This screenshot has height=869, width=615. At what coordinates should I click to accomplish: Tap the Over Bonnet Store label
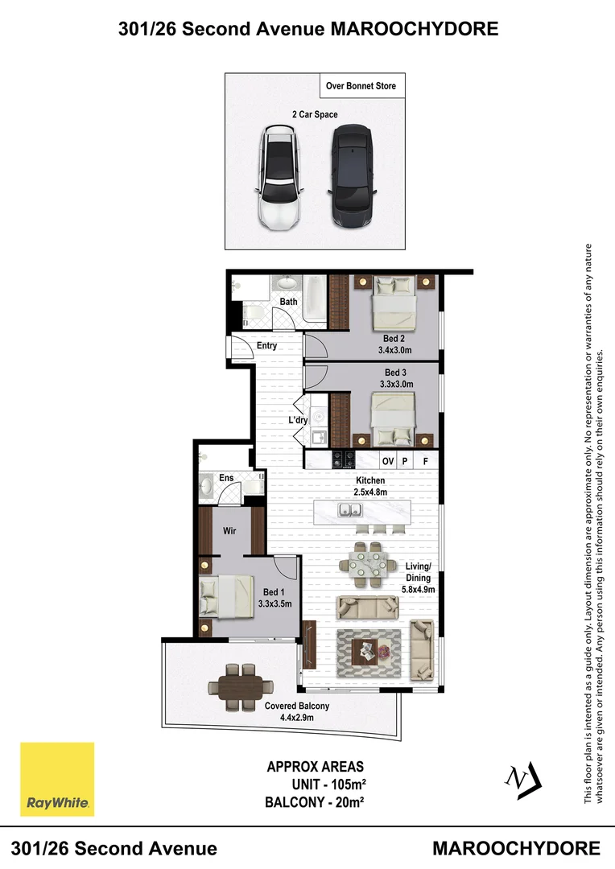click(x=361, y=86)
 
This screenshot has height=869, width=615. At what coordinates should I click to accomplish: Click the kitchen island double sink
click(x=349, y=509)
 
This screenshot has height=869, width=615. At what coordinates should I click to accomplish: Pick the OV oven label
click(x=387, y=461)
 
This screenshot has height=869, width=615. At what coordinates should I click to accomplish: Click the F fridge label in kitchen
click(x=425, y=461)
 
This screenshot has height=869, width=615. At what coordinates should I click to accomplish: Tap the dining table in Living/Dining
click(x=370, y=560)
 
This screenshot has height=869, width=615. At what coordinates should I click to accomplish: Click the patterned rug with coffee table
click(x=369, y=650)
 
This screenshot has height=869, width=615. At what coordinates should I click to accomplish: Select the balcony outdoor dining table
click(x=240, y=687)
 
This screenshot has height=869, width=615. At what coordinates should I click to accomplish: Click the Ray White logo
click(x=57, y=779)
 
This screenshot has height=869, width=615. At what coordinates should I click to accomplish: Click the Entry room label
click(x=266, y=346)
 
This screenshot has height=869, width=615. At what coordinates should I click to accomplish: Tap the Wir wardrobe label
click(x=229, y=531)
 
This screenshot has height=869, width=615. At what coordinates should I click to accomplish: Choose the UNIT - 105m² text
click(x=326, y=784)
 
